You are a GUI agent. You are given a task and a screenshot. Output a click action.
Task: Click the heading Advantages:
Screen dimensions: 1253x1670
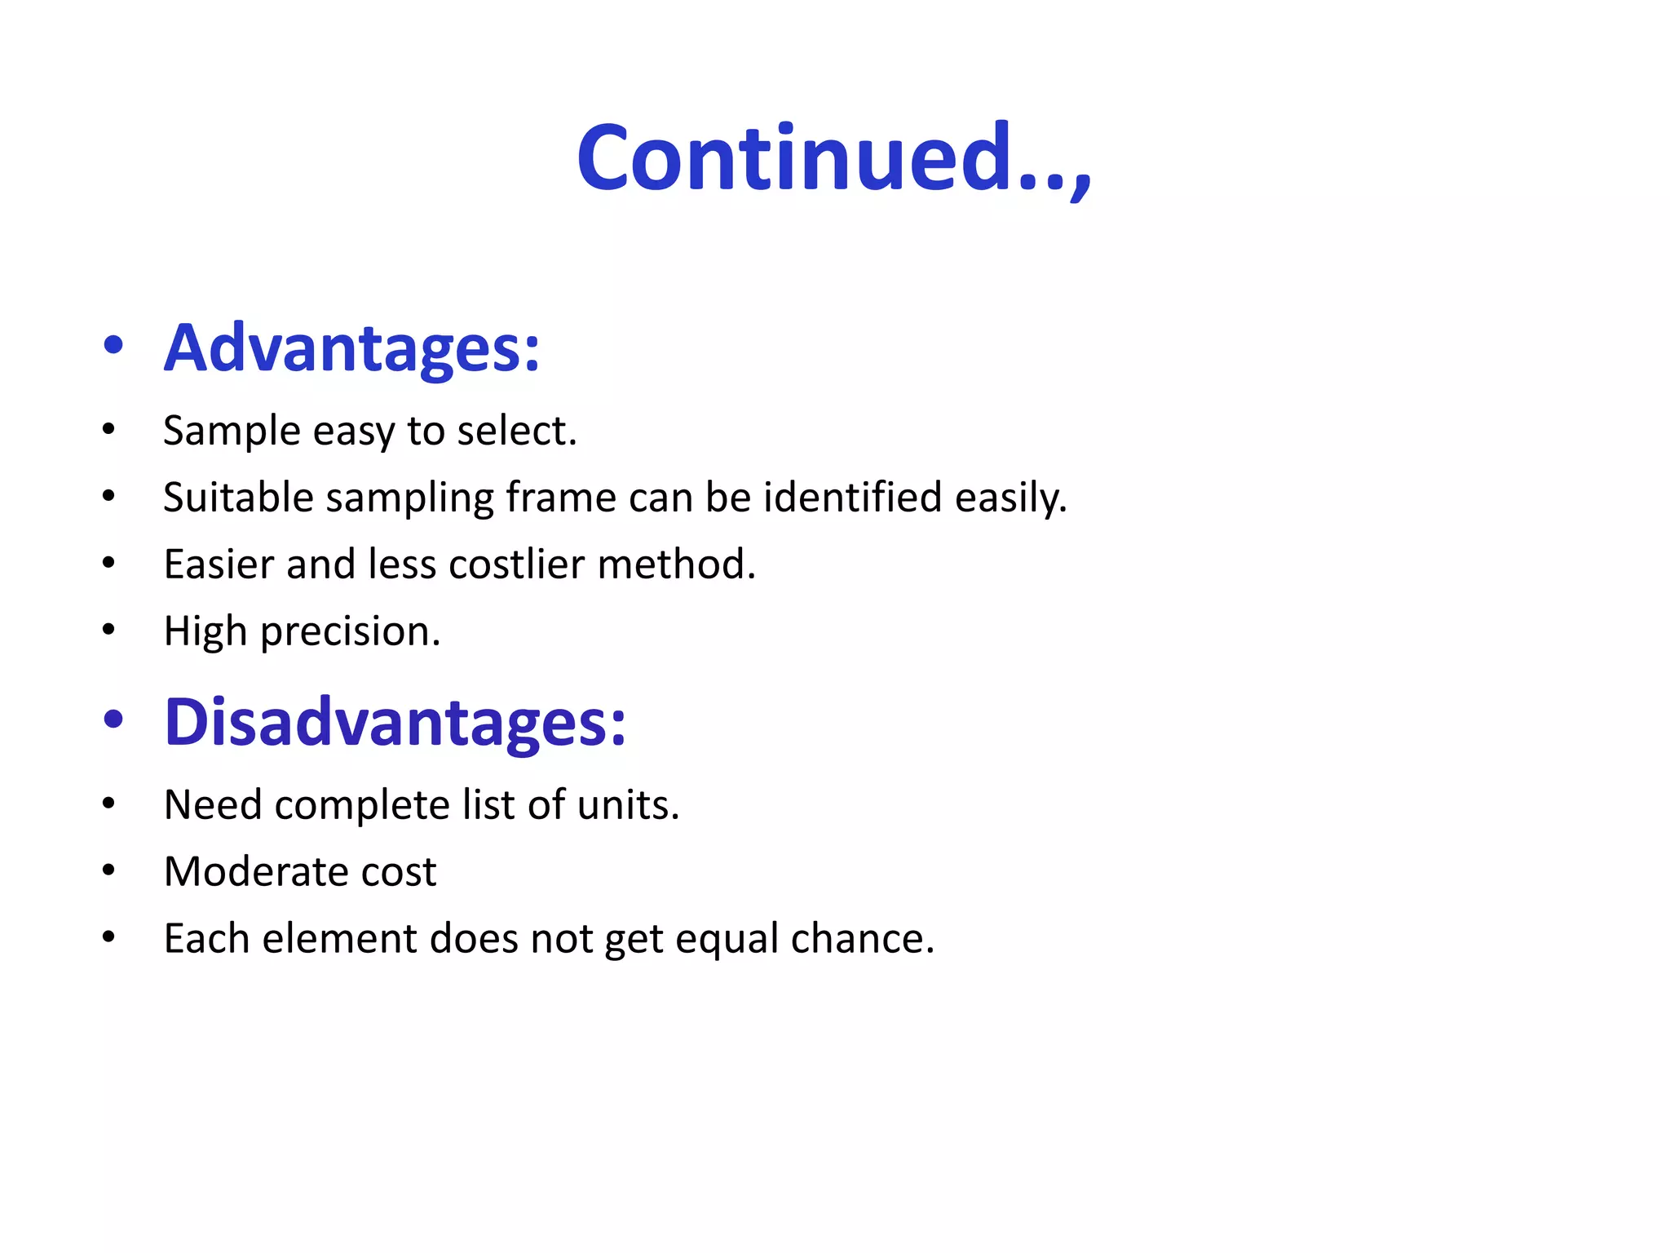[351, 348]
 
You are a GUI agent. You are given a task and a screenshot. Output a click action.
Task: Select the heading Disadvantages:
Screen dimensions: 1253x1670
[395, 723]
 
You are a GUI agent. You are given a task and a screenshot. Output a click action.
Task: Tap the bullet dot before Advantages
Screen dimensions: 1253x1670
[113, 345]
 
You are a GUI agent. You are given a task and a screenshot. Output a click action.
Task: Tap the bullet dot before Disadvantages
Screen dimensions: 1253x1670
[113, 719]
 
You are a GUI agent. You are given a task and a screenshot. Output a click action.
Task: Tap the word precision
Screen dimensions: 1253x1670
[350, 631]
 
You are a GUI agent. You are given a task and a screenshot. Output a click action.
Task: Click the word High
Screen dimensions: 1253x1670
[205, 631]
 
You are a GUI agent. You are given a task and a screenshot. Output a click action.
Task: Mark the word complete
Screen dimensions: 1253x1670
[362, 805]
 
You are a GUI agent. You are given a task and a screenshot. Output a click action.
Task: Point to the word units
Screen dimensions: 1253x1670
[627, 805]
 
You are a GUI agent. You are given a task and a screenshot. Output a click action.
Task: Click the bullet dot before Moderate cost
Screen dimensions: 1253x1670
[109, 870]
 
